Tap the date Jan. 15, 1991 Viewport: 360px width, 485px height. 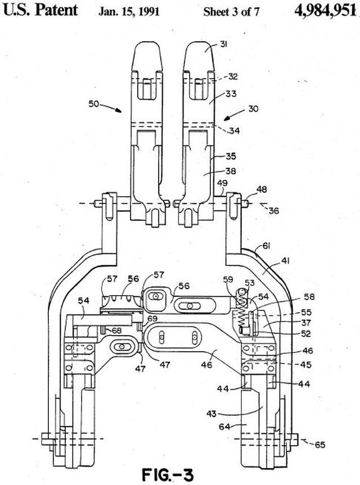tap(129, 12)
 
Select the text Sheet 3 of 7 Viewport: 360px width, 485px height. tap(231, 12)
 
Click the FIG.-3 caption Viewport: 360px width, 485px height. tap(168, 475)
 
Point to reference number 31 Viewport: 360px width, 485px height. tap(223, 44)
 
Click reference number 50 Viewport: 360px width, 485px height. tap(94, 103)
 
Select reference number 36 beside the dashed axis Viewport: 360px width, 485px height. tap(273, 211)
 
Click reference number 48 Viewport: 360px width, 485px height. tap(262, 189)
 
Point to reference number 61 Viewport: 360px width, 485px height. tap(266, 246)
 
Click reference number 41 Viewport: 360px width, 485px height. tap(285, 261)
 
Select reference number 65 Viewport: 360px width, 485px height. tap(320, 445)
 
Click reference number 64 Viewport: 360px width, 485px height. tap(224, 427)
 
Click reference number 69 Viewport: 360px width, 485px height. tap(152, 318)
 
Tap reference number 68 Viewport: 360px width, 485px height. tap(116, 331)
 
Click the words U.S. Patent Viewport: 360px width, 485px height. tap(40, 10)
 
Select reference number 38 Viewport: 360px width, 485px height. tap(231, 171)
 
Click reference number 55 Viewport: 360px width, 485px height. tap(306, 312)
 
